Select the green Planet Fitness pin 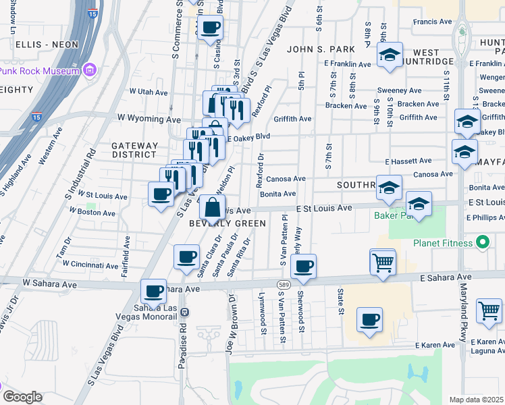click(x=482, y=242)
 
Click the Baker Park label click(x=392, y=216)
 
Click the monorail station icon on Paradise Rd click(x=185, y=312)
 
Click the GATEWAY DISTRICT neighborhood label click(x=134, y=150)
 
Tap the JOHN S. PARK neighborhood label click(x=316, y=49)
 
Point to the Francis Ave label click(x=433, y=22)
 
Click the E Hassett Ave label click(x=408, y=161)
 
